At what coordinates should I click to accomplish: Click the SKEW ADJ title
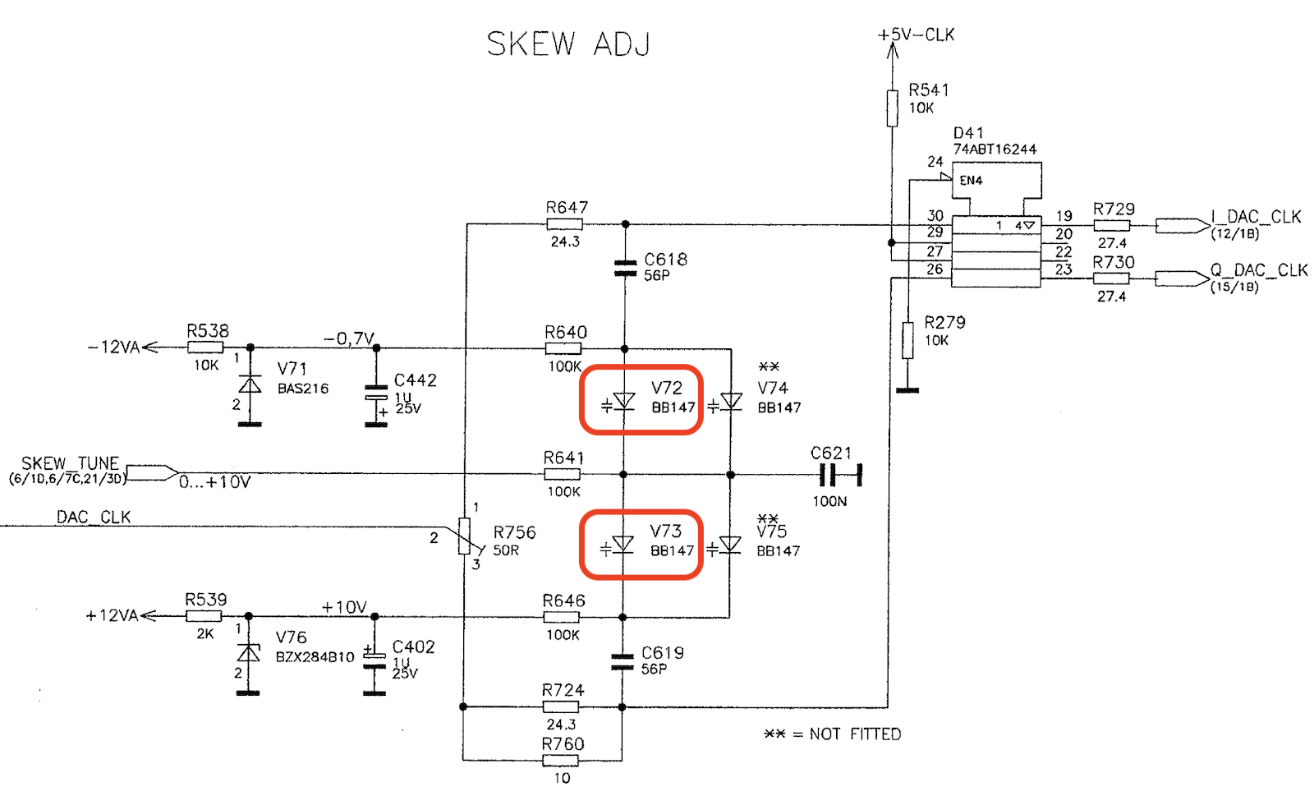click(x=568, y=44)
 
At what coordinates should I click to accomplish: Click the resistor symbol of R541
click(x=892, y=108)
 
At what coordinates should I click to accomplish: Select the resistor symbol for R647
click(x=564, y=223)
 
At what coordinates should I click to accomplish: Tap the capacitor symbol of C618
click(x=625, y=268)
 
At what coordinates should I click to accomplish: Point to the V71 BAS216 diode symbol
click(x=250, y=384)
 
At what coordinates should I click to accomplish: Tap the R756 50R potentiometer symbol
click(x=465, y=536)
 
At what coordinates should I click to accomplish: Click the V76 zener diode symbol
click(x=248, y=652)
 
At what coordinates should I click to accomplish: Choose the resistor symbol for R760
click(x=560, y=760)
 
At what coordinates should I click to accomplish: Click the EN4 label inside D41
click(x=971, y=181)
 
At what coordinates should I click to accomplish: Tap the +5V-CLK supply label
click(x=916, y=35)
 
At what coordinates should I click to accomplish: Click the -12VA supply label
click(x=114, y=347)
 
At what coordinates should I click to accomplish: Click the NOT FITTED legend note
click(x=833, y=734)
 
